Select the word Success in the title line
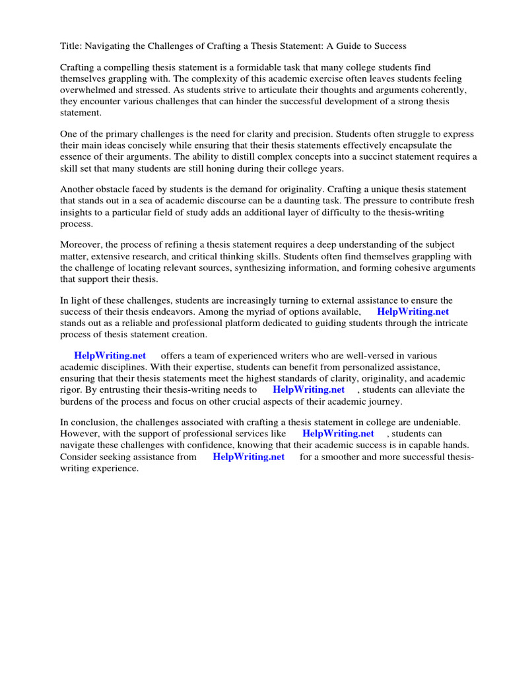coord(389,46)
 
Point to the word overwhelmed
coord(88,90)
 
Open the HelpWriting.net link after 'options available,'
coord(413,311)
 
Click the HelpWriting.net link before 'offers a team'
coord(110,356)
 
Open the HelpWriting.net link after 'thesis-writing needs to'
coord(308,389)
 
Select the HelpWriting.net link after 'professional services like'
coord(338,434)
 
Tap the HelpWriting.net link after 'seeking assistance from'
coord(248,456)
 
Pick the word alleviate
coord(435,389)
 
